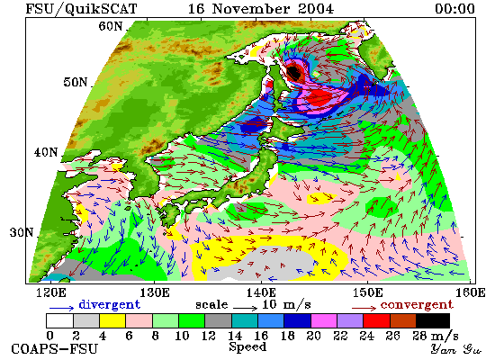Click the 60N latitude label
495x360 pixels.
click(x=110, y=26)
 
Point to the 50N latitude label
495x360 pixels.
click(x=76, y=82)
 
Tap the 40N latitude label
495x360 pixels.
click(x=46, y=152)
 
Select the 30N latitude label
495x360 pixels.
click(x=22, y=232)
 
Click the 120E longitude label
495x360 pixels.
click(x=51, y=292)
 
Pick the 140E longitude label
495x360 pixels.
click(x=261, y=292)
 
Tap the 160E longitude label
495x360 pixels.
click(x=471, y=292)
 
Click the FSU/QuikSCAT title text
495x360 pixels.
click(x=81, y=8)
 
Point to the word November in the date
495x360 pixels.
click(x=251, y=8)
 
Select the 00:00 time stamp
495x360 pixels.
click(x=454, y=8)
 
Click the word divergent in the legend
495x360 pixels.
click(x=109, y=304)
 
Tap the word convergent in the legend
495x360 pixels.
click(x=417, y=305)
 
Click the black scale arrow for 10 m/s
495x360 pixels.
click(x=246, y=307)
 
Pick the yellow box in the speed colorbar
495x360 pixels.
click(x=112, y=320)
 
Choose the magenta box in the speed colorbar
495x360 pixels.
click(x=324, y=320)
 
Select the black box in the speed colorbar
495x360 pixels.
click(x=433, y=320)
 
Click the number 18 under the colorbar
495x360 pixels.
click(x=287, y=336)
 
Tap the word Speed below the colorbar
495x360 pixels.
click(x=247, y=347)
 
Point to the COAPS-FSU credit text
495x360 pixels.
click(x=54, y=349)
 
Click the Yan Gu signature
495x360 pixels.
click(x=455, y=349)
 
